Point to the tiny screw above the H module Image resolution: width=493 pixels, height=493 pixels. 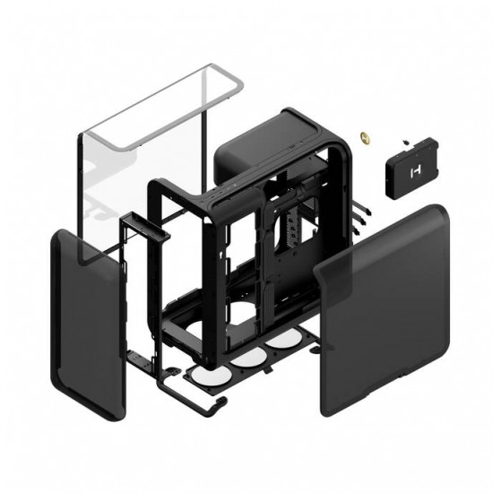[x=404, y=141]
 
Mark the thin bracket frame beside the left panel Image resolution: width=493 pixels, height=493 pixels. [x=134, y=296]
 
